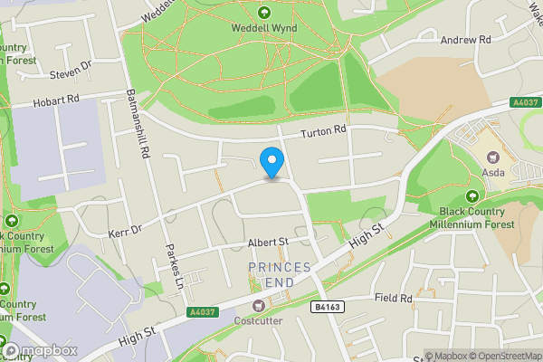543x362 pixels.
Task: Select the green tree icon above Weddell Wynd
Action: [x=264, y=13]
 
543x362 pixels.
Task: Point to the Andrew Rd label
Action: [x=465, y=40]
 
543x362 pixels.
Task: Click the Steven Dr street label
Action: [x=71, y=70]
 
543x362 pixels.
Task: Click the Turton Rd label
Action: [x=325, y=130]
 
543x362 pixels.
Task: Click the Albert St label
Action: [x=267, y=243]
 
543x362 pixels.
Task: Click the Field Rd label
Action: [x=394, y=298]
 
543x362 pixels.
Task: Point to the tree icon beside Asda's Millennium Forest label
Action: [x=471, y=195]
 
